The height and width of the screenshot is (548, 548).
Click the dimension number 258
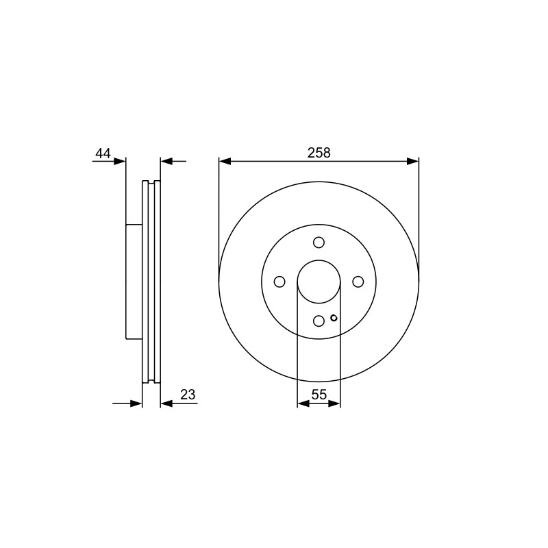click(319, 153)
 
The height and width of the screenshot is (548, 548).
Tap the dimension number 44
click(103, 153)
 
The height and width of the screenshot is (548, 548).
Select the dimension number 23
click(188, 395)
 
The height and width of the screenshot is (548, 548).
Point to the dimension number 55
click(319, 395)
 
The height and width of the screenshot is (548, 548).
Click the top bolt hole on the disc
click(319, 242)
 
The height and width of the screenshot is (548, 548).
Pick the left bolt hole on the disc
click(279, 282)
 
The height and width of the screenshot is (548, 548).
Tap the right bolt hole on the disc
click(358, 282)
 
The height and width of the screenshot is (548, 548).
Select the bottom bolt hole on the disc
click(319, 321)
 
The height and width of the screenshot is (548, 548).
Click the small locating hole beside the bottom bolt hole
click(334, 318)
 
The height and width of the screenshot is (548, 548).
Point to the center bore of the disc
click(319, 260)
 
